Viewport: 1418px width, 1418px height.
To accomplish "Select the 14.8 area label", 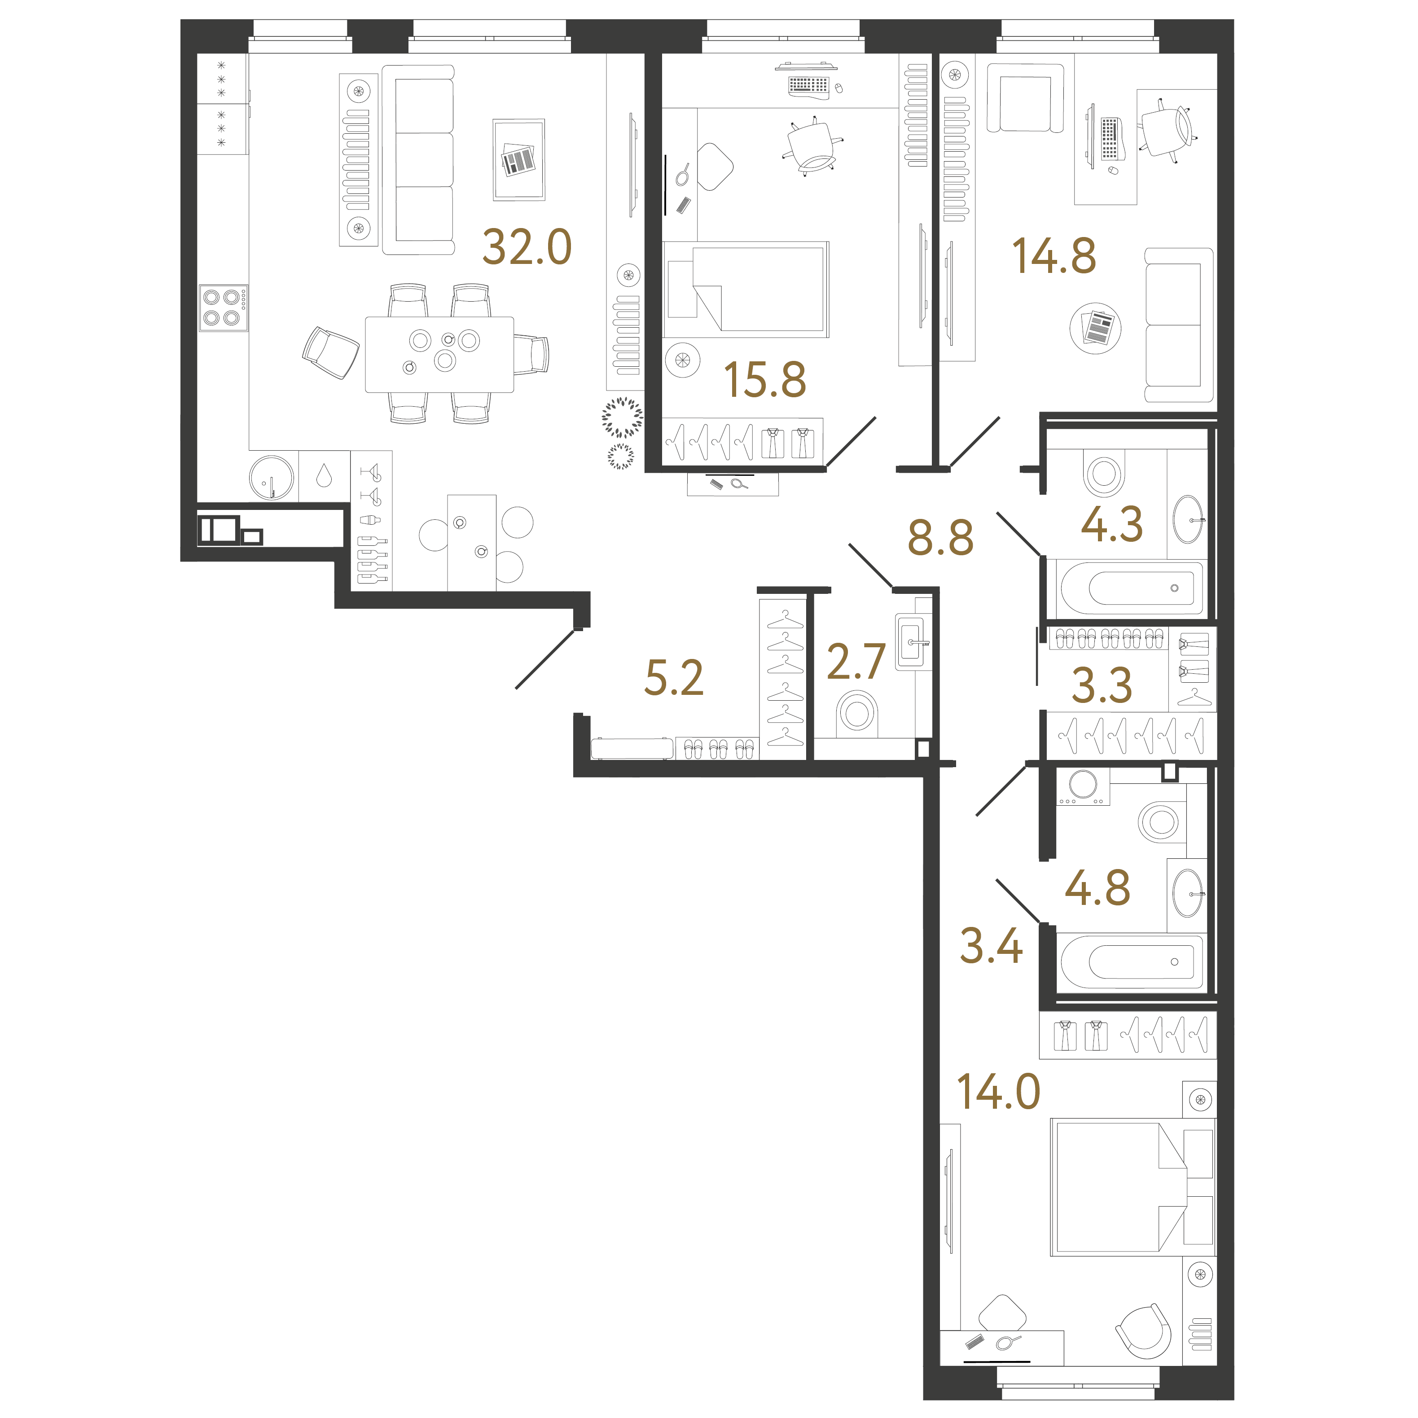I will (x=1054, y=256).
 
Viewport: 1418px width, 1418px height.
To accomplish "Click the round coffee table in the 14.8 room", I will (x=1095, y=328).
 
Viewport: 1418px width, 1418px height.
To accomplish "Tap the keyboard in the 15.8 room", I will (x=808, y=86).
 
